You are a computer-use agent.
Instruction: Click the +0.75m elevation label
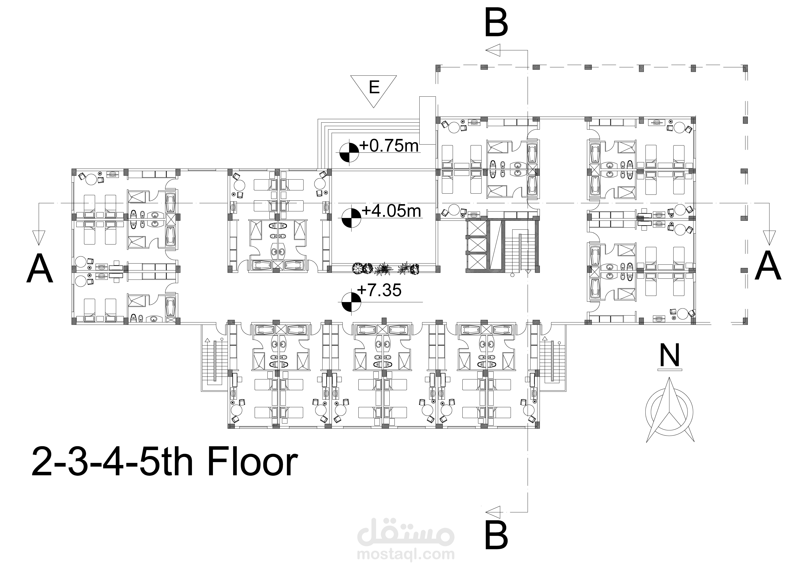click(389, 146)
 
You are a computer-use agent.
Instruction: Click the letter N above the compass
click(669, 356)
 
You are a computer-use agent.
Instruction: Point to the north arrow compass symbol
click(669, 412)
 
